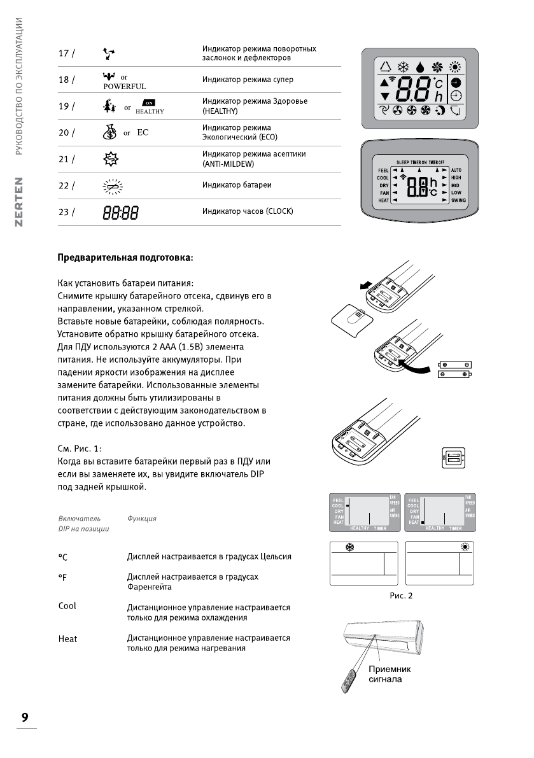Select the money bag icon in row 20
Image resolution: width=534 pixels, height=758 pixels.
109,133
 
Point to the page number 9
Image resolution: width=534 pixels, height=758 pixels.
25,717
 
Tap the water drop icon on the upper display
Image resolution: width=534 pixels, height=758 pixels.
420,67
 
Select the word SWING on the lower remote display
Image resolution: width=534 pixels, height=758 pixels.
458,200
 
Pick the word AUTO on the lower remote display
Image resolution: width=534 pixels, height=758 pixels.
456,171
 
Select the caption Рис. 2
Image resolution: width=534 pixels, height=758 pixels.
402,596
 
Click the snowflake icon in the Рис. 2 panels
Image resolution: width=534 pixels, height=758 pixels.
349,547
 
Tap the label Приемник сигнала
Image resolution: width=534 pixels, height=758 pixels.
390,674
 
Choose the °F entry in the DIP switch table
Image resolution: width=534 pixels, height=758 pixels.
62,577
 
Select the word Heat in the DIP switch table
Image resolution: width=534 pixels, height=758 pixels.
67,639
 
